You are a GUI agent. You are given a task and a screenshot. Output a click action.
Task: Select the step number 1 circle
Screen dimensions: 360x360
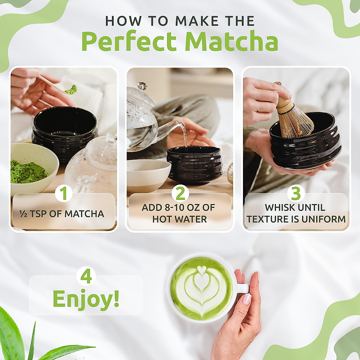point(63,193)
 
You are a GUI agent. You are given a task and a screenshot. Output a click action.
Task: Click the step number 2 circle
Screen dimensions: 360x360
point(180,193)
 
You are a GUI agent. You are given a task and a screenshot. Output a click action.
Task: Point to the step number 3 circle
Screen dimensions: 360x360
point(296,193)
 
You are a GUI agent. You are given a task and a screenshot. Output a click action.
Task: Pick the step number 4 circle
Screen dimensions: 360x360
point(86,276)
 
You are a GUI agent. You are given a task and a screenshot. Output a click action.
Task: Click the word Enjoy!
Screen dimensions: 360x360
point(86,298)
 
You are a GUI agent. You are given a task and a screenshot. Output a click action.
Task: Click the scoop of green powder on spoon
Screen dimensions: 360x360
point(71,89)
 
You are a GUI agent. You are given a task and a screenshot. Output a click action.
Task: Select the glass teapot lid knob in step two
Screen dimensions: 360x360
point(142,85)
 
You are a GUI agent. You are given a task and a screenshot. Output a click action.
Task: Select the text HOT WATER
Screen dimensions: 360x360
point(179,219)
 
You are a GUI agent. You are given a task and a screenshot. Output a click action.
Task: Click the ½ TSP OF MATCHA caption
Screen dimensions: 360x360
point(61,214)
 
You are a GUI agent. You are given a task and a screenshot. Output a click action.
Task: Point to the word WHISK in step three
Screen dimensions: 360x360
point(278,207)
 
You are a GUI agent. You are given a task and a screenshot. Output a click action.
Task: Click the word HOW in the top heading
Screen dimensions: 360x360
point(119,21)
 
